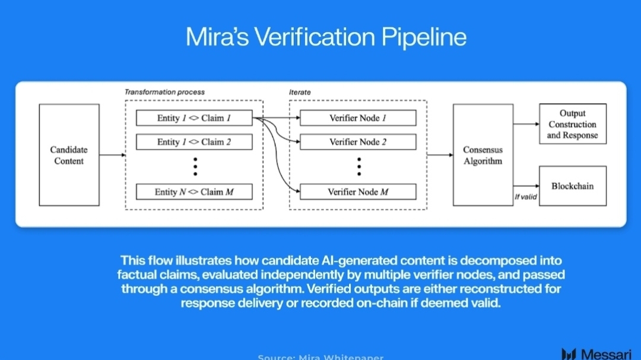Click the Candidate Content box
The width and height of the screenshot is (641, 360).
coord(69,155)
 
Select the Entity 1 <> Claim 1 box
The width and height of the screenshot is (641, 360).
coord(194,118)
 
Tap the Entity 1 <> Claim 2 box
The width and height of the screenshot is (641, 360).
coord(194,142)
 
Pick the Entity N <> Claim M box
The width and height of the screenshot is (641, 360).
coord(194,192)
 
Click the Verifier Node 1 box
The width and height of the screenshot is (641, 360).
coord(358,118)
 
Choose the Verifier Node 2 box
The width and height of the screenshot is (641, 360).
coord(358,142)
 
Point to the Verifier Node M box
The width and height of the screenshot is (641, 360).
coord(358,192)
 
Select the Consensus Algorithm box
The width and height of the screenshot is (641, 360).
coord(483,155)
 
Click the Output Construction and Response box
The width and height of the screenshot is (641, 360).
coord(572,124)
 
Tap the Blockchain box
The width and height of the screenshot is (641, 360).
coord(572,186)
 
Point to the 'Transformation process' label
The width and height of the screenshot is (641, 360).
coord(164,92)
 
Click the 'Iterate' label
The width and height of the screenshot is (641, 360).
coord(300,92)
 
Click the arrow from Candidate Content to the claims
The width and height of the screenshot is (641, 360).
coord(112,155)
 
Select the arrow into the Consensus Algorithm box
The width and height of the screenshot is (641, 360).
coord(439,155)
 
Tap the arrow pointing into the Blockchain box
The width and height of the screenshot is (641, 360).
coord(526,186)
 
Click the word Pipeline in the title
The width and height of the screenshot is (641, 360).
coord(415,37)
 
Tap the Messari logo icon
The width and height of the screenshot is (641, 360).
coord(569,354)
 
